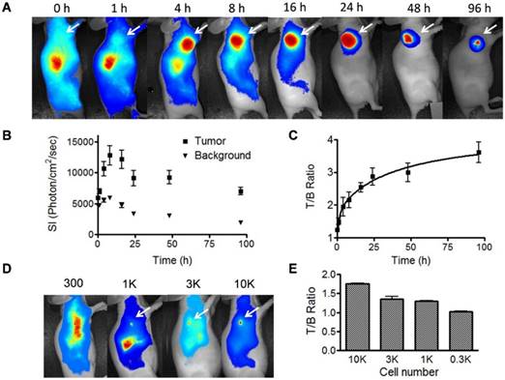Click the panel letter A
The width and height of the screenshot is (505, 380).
8,10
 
